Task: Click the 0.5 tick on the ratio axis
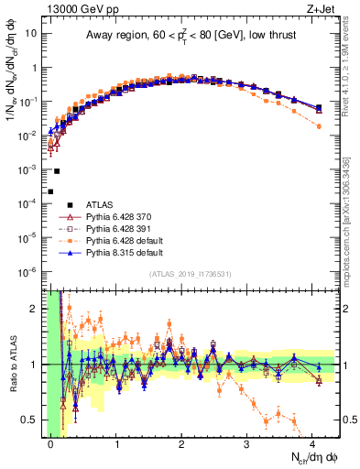click(33, 420)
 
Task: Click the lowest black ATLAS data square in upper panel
click(51, 191)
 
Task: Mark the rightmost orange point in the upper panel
click(319, 126)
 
